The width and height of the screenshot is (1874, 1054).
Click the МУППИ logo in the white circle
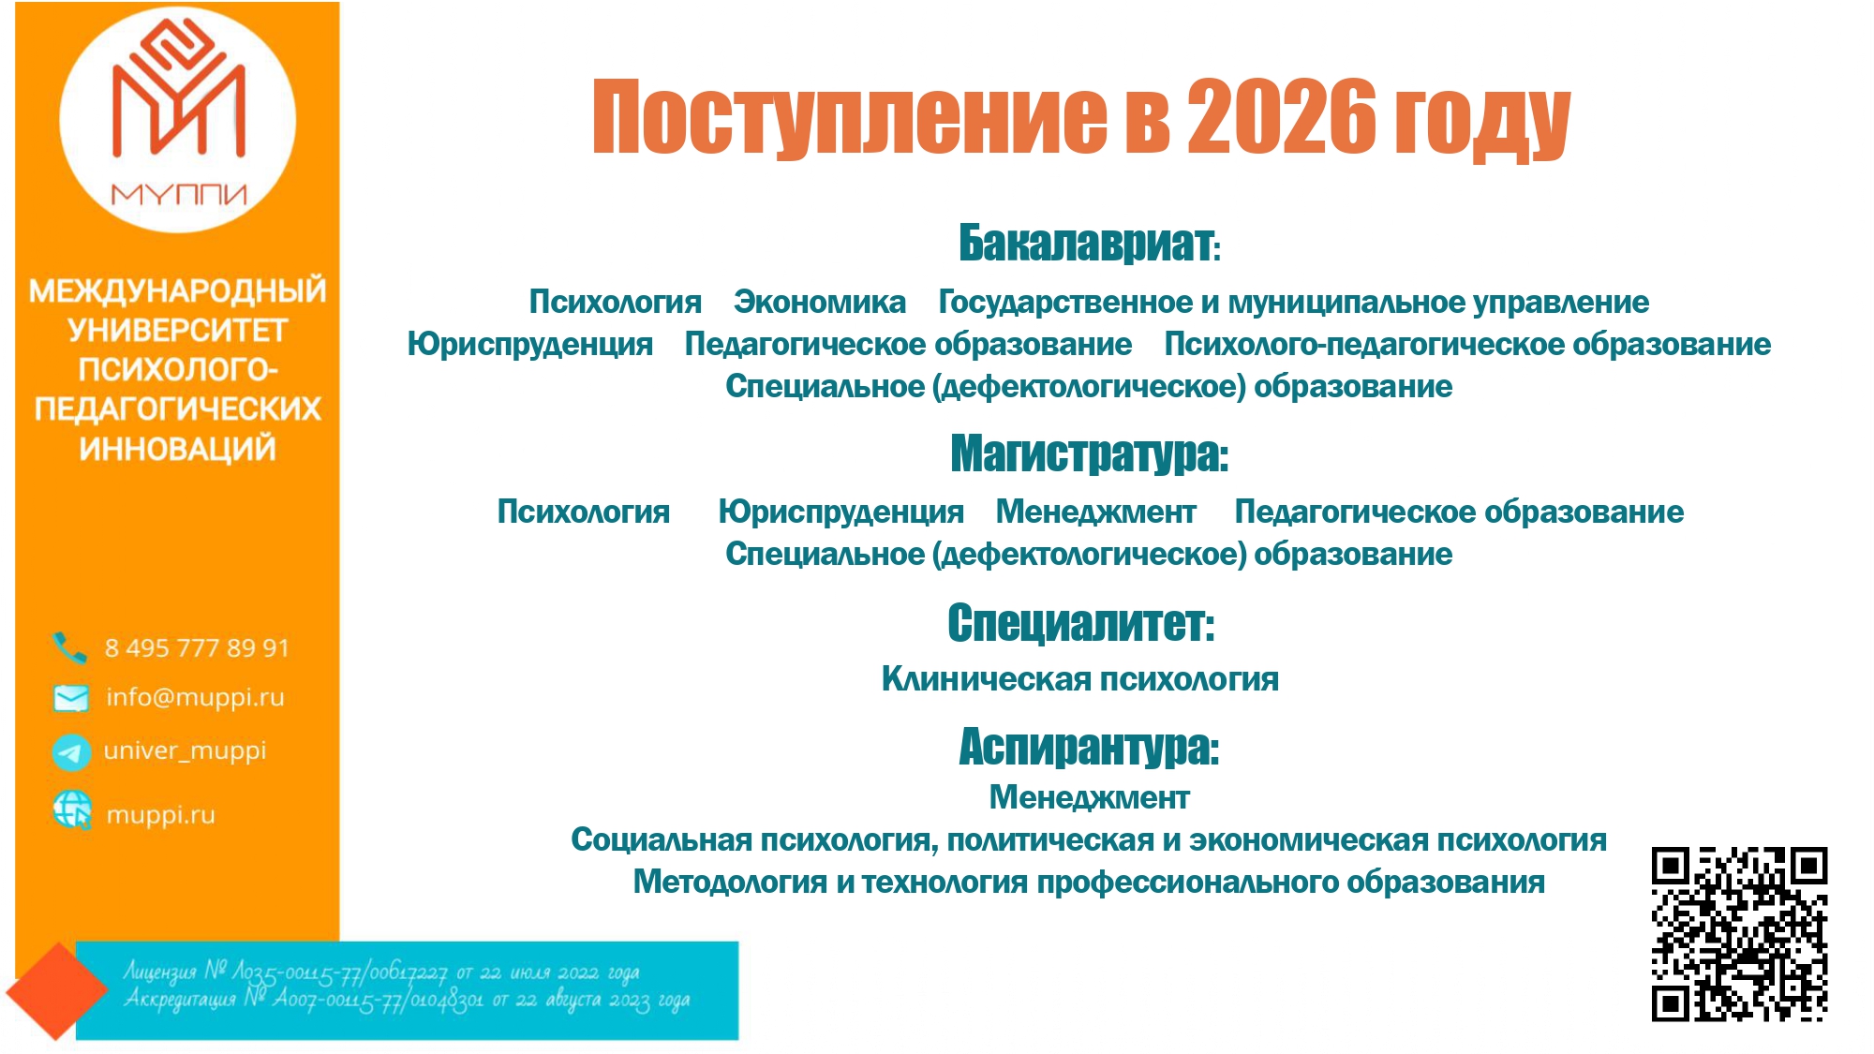[178, 117]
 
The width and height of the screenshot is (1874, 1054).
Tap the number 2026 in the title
[1282, 117]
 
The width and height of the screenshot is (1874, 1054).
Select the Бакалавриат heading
[1087, 244]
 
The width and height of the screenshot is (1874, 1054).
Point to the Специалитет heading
[1080, 623]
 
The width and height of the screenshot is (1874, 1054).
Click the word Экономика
[820, 303]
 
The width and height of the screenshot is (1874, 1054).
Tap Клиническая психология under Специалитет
[1079, 679]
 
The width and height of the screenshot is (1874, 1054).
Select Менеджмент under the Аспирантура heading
[1089, 797]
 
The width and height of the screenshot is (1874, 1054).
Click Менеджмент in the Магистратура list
[1095, 512]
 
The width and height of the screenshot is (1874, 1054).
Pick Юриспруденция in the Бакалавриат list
[529, 345]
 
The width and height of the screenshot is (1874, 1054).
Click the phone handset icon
[70, 646]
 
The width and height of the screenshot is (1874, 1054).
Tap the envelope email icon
[71, 698]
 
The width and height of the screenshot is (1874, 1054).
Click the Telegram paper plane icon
[71, 751]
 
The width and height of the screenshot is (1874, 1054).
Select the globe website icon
[72, 809]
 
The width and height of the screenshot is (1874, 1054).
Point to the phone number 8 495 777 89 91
[197, 648]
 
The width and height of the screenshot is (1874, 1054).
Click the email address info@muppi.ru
[195, 698]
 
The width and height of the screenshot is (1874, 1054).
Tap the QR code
[1738, 934]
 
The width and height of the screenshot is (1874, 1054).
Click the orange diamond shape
[56, 991]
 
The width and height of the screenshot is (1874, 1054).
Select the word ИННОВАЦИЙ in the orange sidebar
[178, 450]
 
